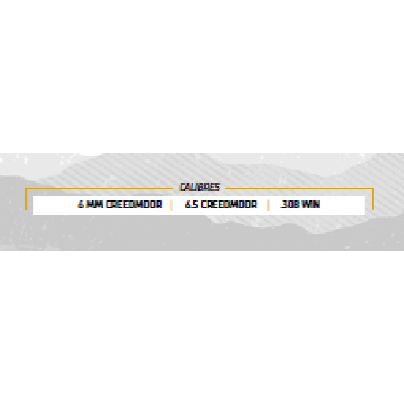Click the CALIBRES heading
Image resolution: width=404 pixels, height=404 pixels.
point(200,187)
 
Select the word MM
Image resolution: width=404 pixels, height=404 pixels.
point(95,204)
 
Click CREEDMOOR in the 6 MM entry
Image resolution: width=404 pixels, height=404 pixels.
point(134,204)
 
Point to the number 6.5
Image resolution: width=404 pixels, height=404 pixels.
point(192,204)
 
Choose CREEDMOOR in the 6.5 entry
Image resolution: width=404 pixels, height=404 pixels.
point(229,204)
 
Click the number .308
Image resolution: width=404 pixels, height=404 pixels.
point(289,204)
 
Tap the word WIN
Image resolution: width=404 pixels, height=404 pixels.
point(311,204)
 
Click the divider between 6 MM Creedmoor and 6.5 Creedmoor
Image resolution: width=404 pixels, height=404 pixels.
point(171,205)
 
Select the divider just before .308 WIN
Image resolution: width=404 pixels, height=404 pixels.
point(268,205)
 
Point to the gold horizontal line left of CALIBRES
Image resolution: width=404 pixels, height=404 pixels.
point(99,189)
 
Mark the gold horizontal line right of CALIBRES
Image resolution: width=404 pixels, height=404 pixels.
point(299,189)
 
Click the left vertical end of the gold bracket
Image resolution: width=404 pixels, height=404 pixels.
point(26,199)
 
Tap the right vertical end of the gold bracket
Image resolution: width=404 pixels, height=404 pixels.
point(373,199)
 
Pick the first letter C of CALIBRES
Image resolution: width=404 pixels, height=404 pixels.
point(182,187)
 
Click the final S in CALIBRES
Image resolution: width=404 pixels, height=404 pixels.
point(217,187)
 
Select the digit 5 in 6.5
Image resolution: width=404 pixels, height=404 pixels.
point(196,204)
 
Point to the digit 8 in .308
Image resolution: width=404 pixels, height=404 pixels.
point(295,204)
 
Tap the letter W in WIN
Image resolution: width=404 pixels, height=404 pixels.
point(305,204)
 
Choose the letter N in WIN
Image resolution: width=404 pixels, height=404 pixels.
point(317,204)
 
